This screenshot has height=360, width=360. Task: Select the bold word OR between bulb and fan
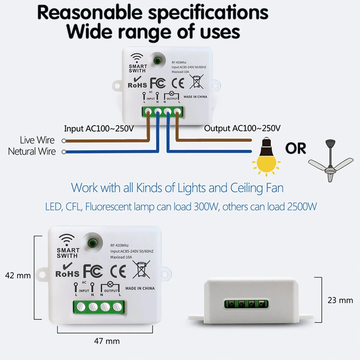(296, 148)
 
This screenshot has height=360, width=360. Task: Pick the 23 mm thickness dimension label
(340, 300)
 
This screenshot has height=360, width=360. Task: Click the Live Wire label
(37, 140)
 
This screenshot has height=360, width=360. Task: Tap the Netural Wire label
(32, 151)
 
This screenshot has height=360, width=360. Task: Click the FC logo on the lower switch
(94, 271)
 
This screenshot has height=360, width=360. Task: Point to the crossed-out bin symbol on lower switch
(141, 269)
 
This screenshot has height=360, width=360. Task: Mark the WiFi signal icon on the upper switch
(136, 58)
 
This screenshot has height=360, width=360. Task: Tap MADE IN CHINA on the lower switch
(140, 288)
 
